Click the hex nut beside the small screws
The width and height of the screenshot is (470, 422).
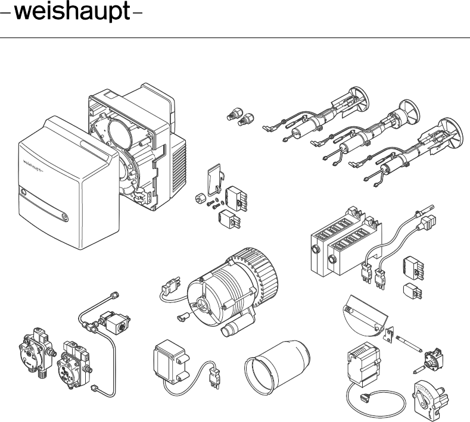click(x=201, y=199)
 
